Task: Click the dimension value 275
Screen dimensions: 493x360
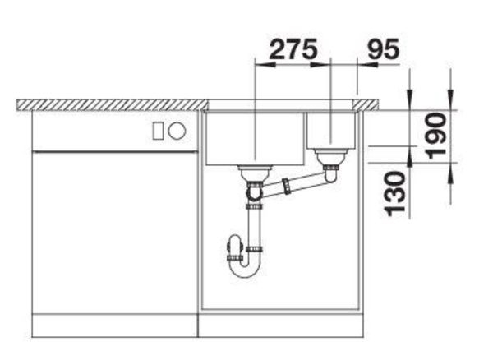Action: point(293,49)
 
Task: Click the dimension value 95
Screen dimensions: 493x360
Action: point(383,49)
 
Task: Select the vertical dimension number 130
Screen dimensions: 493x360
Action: point(395,194)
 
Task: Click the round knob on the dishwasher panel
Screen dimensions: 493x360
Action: point(177,131)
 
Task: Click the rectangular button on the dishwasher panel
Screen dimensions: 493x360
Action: point(158,131)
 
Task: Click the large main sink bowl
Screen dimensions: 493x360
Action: point(255,138)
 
